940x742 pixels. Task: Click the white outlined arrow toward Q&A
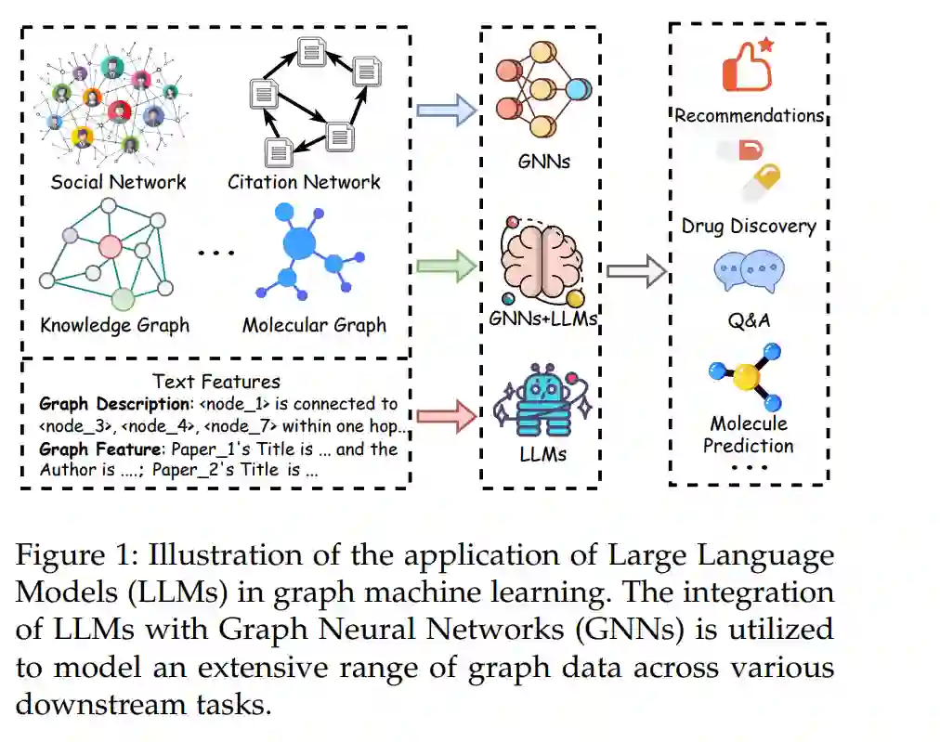(636, 271)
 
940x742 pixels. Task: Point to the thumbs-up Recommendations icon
(747, 65)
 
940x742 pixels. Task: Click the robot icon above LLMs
(542, 399)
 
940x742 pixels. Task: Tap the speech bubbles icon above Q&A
(749, 271)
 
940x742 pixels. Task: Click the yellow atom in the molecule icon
(746, 377)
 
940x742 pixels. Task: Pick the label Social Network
(118, 182)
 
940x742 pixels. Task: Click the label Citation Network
(304, 182)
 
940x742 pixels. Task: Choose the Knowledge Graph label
(115, 325)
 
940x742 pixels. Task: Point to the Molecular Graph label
(314, 325)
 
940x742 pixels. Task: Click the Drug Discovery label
(749, 226)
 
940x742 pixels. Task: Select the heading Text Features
(216, 381)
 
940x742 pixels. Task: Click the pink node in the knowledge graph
(110, 247)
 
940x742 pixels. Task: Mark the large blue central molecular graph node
(299, 243)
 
